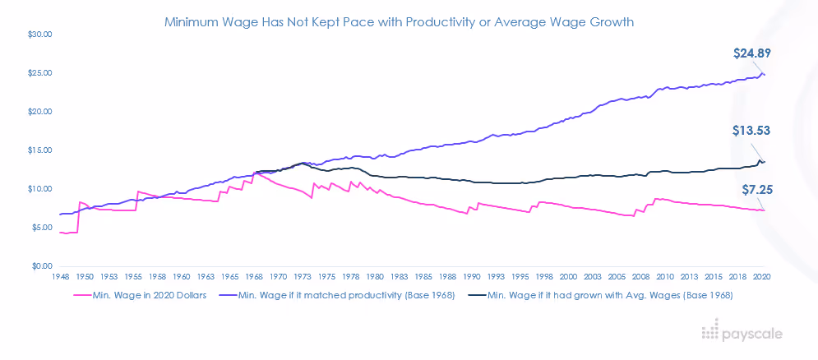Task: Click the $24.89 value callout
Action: (751, 53)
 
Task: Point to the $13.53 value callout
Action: (751, 131)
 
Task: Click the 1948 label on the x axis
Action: (61, 278)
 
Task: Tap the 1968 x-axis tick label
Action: (254, 278)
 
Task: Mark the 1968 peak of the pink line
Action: (256, 173)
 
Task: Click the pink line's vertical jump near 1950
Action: (78, 218)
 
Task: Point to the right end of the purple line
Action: (765, 75)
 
